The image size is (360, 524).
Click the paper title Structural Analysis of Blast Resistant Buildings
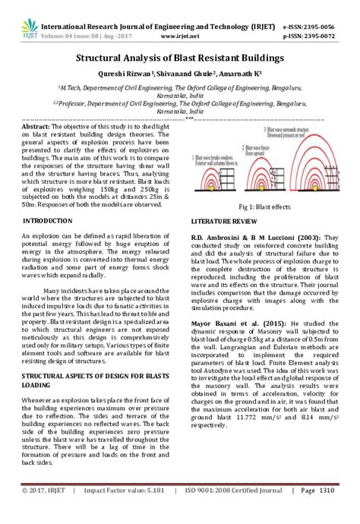pos(179,58)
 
